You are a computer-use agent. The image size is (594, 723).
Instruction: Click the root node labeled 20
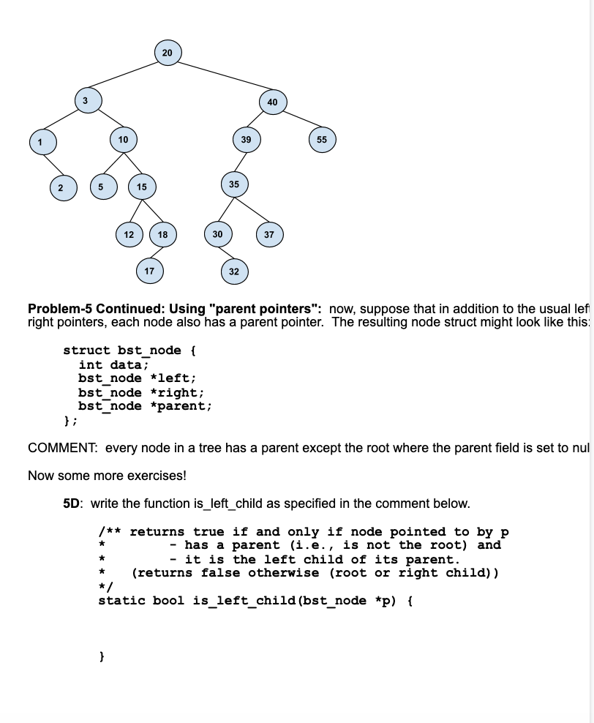pyautogui.click(x=168, y=53)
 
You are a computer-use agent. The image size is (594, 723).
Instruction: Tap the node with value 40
pyautogui.click(x=272, y=102)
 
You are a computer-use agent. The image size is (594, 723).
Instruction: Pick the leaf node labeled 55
pyautogui.click(x=322, y=139)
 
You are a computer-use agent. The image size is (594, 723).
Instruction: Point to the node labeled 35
pyautogui.click(x=233, y=184)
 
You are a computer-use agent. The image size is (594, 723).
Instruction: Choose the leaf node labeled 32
pyautogui.click(x=233, y=271)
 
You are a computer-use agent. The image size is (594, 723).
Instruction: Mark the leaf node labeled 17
pyautogui.click(x=149, y=271)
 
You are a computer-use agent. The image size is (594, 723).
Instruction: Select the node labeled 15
pyautogui.click(x=141, y=187)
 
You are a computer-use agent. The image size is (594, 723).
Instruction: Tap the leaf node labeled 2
pyautogui.click(x=61, y=187)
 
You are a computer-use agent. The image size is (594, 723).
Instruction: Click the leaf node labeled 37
pyautogui.click(x=268, y=235)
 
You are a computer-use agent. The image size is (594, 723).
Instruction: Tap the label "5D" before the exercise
pyautogui.click(x=73, y=503)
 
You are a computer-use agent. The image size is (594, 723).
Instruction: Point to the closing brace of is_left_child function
pyautogui.click(x=102, y=658)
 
